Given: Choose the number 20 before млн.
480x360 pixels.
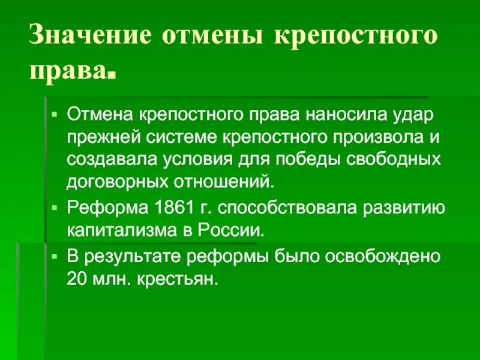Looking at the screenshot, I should [x=77, y=279].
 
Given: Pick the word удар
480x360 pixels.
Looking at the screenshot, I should [x=406, y=113].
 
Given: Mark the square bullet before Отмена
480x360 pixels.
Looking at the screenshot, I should [x=54, y=112].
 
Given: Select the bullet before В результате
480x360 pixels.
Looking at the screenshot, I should [x=54, y=256].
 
